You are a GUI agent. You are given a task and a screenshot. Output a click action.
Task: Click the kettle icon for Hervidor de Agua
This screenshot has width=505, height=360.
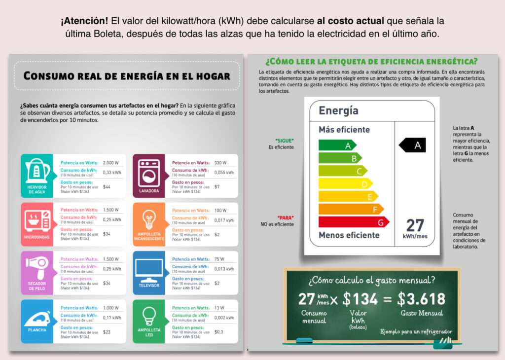coord(37,170)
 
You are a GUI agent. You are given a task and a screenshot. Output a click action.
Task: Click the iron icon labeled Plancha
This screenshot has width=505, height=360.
coord(37,316)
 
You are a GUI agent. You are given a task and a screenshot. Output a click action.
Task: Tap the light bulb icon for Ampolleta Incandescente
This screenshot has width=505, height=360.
coord(149,219)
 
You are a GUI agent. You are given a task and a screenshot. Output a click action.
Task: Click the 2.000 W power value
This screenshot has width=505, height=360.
coord(110,163)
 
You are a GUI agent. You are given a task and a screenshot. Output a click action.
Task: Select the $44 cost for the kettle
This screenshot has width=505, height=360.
coord(107,187)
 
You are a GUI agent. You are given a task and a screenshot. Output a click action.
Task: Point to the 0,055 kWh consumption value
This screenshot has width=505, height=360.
coord(224,173)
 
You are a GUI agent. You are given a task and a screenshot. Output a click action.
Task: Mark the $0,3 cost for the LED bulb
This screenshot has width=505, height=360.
coord(219,332)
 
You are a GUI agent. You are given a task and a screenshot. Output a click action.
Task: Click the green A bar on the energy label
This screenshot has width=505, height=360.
coord(337,145)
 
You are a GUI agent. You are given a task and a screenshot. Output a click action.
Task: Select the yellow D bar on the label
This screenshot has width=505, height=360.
coord(345,184)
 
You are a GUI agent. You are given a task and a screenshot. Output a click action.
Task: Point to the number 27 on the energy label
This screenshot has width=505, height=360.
coord(415,225)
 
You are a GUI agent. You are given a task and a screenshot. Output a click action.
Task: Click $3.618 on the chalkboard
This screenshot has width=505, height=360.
coord(421,299)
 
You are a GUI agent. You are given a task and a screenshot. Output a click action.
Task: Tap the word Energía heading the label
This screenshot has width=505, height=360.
coord(338,110)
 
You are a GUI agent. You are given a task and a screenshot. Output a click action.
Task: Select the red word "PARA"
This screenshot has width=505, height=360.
coord(285,217)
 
